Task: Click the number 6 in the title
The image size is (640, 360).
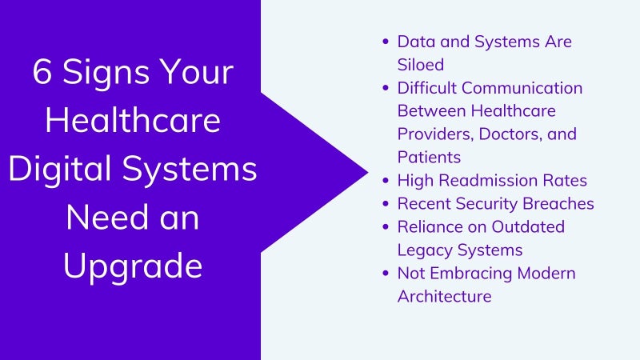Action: pyautogui.click(x=42, y=71)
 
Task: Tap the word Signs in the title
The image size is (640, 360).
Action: pyautogui.click(x=106, y=74)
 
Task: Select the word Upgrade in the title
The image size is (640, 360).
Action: pyautogui.click(x=133, y=267)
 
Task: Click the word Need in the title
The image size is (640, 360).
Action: pyautogui.click(x=108, y=218)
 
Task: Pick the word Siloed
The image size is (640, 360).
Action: pyautogui.click(x=421, y=65)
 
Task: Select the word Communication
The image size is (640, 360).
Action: pyautogui.click(x=522, y=88)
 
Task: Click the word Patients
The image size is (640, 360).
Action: pyautogui.click(x=429, y=157)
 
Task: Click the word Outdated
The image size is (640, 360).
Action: pyautogui.click(x=528, y=227)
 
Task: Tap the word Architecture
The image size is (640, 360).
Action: pyautogui.click(x=445, y=296)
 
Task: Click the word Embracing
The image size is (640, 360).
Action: pyautogui.click(x=471, y=274)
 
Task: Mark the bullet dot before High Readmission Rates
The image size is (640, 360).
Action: pyautogui.click(x=386, y=181)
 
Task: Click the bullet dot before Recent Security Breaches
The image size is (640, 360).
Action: pyautogui.click(x=386, y=204)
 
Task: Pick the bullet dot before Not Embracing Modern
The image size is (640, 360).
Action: pyautogui.click(x=386, y=273)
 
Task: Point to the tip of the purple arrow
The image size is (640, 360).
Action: pyautogui.click(x=368, y=172)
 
